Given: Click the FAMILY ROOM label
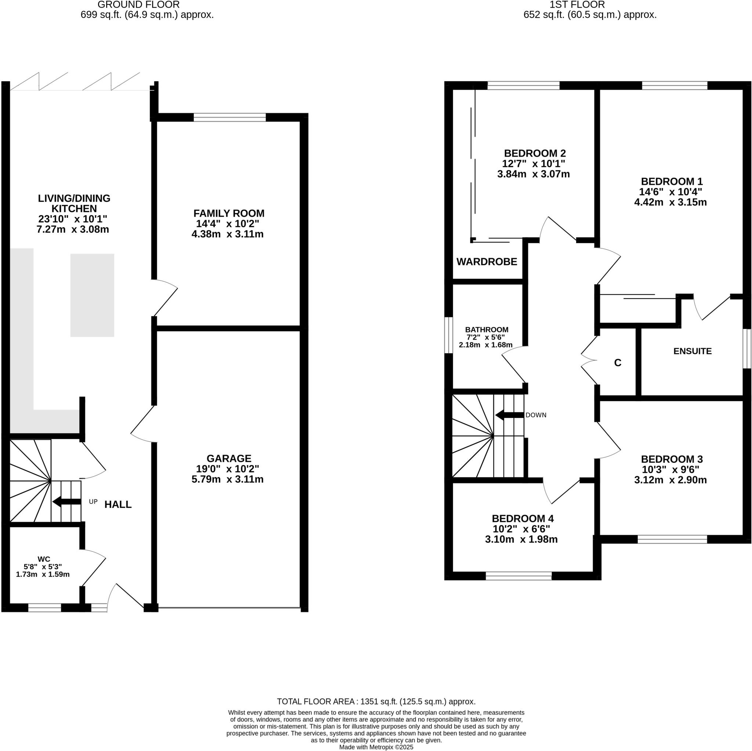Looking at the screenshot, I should click(x=228, y=213).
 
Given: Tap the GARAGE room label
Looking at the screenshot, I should click(x=228, y=458).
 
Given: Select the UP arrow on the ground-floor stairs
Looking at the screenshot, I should click(x=66, y=501).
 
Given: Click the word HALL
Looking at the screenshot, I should click(x=118, y=505).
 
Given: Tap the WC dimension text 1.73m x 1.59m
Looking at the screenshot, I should click(x=43, y=574).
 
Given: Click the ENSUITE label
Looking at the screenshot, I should click(x=692, y=351).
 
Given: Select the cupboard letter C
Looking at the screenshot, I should click(x=617, y=363).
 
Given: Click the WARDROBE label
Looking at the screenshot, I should click(x=487, y=261).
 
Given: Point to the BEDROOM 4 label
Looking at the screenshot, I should click(x=523, y=519).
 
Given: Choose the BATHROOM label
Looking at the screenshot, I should click(x=487, y=329).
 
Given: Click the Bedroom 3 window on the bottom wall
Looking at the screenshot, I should click(x=672, y=539).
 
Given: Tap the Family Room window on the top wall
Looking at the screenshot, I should click(x=229, y=117).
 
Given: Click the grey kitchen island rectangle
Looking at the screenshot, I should click(x=92, y=295).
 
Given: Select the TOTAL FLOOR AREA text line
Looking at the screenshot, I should click(x=376, y=701).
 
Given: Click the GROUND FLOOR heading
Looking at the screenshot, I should click(x=138, y=5).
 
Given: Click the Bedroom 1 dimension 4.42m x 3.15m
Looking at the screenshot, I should click(x=670, y=202).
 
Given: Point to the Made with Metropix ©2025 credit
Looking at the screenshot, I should click(x=376, y=747).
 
